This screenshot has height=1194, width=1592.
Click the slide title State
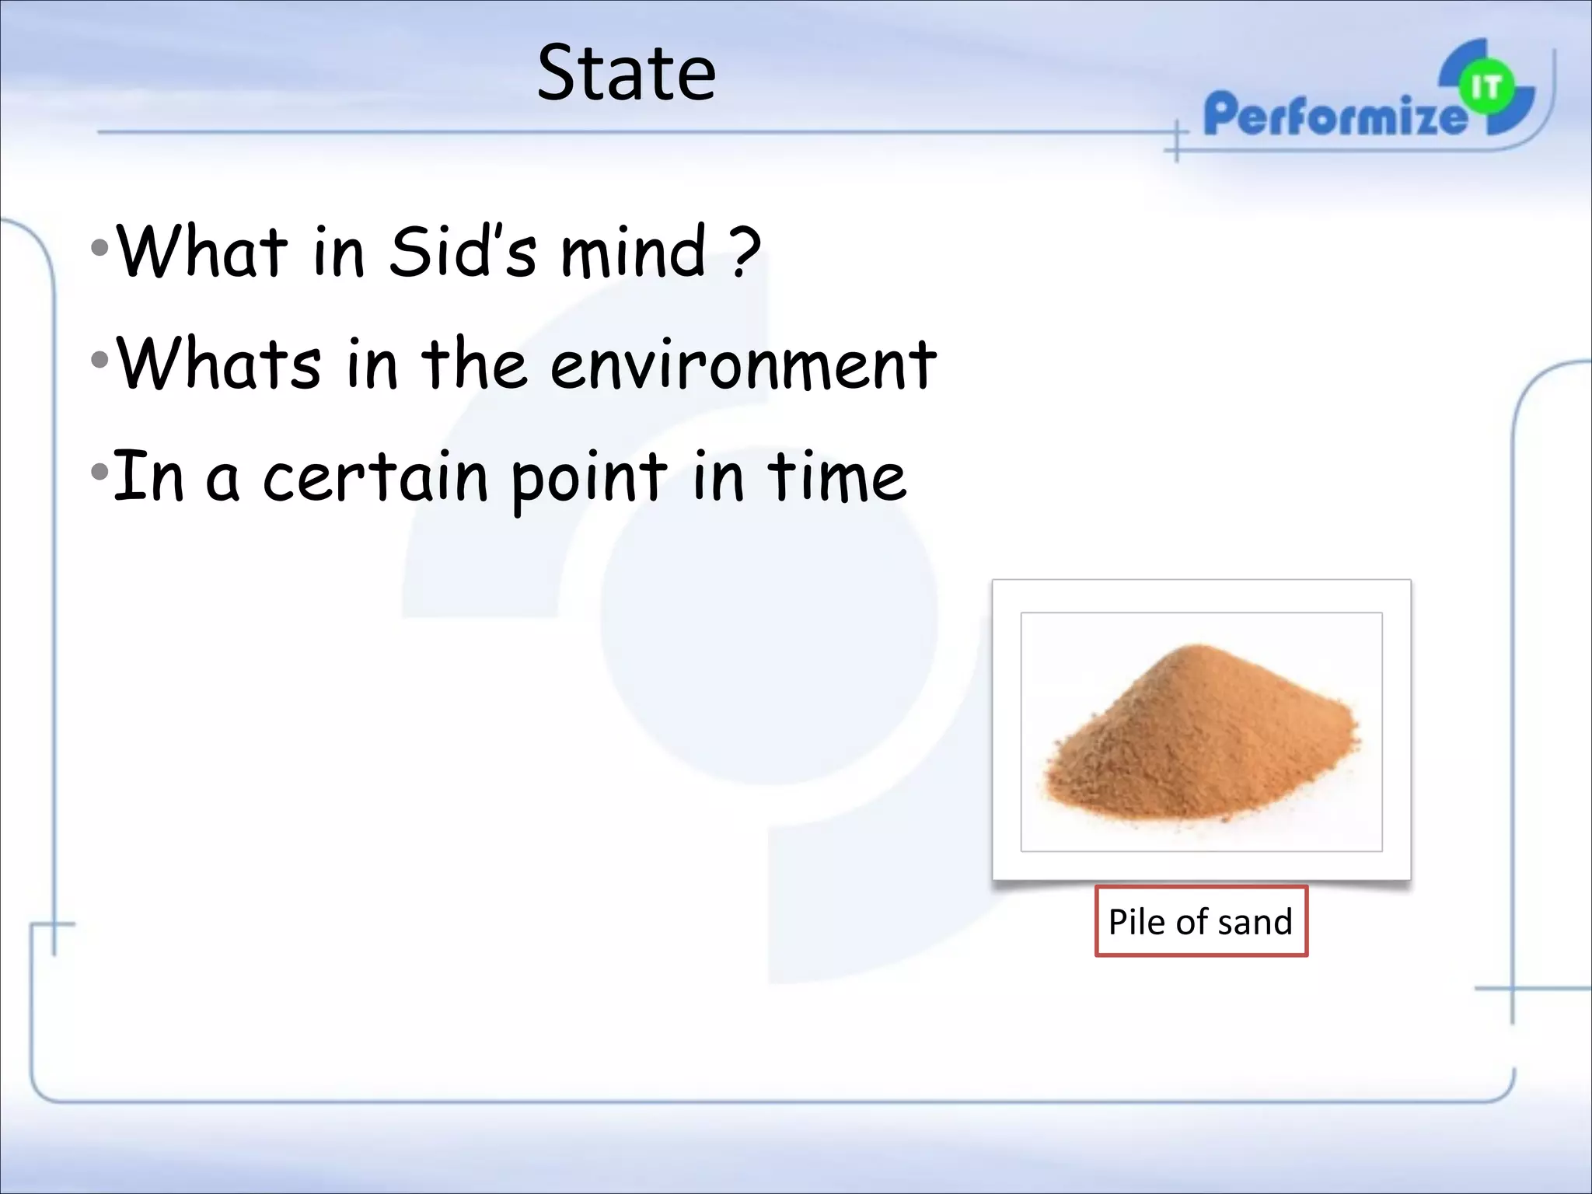[x=626, y=74]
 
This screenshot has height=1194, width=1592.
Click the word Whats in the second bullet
[x=218, y=363]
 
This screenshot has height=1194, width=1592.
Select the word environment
[x=742, y=365]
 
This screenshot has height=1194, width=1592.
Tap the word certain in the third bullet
[x=376, y=477]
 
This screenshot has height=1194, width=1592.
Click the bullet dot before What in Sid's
[x=99, y=250]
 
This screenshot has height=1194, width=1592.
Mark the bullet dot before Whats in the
[x=99, y=361]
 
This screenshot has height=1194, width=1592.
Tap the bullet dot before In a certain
[x=99, y=472]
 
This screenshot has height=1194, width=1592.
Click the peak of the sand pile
[x=1198, y=647]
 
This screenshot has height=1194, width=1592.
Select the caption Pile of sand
[x=1200, y=922]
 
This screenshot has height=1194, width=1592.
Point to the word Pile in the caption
[x=1136, y=922]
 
